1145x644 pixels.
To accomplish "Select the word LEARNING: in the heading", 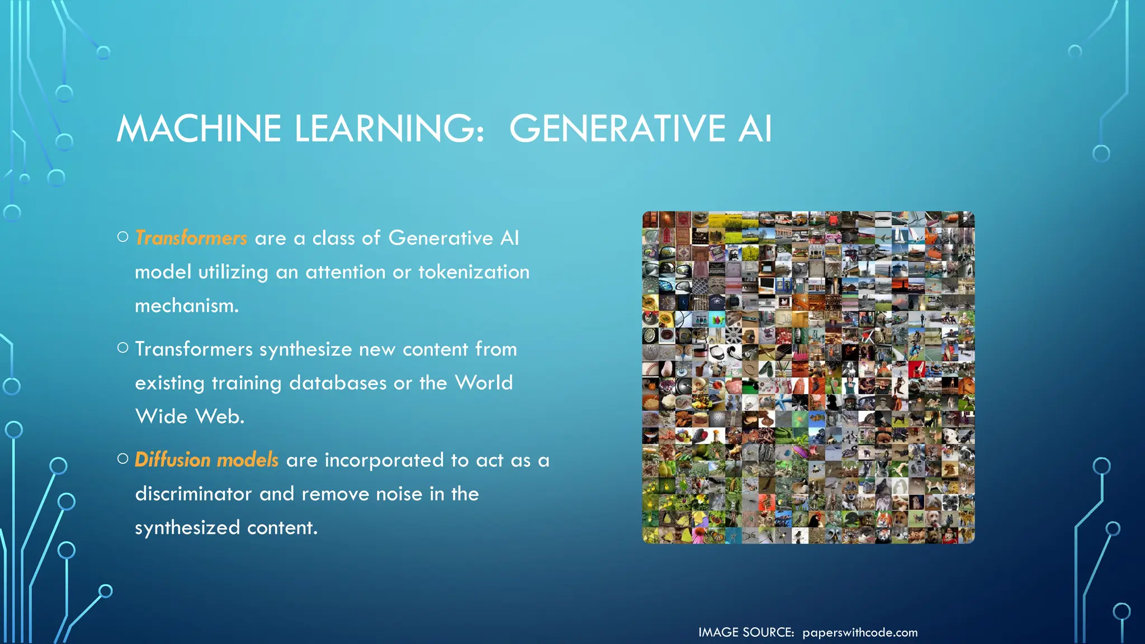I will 389,129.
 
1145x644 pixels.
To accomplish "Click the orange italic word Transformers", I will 191,238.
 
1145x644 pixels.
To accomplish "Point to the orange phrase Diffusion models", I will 206,460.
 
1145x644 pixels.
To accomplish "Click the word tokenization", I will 474,272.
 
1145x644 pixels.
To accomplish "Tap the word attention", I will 345,272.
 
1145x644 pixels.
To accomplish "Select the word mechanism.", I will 187,306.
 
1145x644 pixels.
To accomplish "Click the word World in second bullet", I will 484,383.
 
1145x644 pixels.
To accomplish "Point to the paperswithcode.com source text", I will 860,632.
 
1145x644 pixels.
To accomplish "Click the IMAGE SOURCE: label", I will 746,632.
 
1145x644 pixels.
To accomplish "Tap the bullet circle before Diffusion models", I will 123,459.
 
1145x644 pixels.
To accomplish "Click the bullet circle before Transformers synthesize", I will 123,348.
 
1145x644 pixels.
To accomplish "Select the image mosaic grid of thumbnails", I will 808,377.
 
